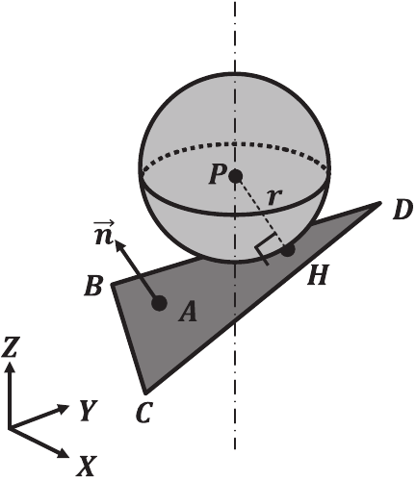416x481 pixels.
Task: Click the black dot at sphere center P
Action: (236, 176)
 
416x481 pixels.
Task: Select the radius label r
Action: (275, 198)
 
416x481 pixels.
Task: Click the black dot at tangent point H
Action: (287, 250)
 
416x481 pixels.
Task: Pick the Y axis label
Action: (89, 412)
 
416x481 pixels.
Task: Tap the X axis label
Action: (87, 468)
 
